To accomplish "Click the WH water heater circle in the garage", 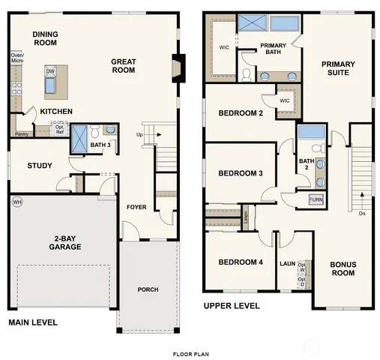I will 16,202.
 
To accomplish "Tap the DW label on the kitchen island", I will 50,72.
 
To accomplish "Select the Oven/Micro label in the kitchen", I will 17,58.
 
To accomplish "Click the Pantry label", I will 22,134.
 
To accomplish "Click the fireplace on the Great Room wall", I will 177,69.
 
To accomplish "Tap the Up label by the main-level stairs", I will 139,135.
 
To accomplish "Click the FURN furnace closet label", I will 316,199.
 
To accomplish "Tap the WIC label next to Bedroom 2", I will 285,100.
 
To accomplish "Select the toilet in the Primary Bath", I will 247,73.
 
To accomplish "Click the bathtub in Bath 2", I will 310,133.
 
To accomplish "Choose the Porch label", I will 148,289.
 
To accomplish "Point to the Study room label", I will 38,166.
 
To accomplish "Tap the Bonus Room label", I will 343,268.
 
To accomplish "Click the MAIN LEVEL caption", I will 32,322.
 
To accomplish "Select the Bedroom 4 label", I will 240,262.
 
